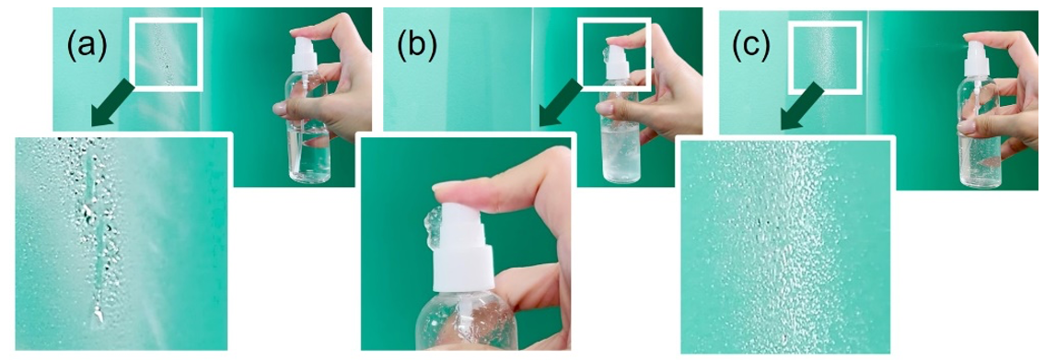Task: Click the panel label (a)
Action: tap(87, 46)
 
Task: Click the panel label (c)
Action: tap(752, 46)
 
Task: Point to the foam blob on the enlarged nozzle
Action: tap(432, 228)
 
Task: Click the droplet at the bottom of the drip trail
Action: tap(98, 316)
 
